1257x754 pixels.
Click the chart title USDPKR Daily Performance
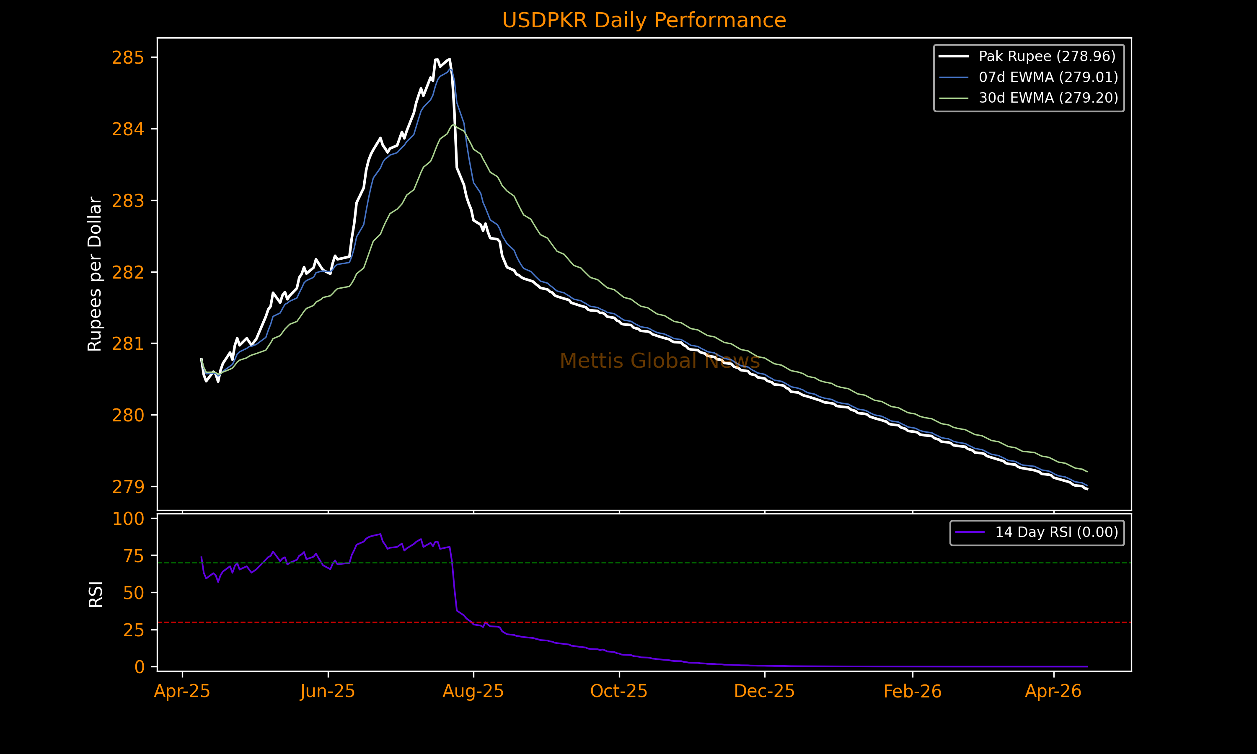click(x=644, y=21)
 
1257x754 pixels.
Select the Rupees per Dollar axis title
click(x=95, y=274)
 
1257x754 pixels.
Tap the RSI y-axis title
click(x=96, y=594)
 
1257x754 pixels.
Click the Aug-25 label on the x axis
click(x=473, y=691)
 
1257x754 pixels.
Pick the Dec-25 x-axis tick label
click(x=764, y=691)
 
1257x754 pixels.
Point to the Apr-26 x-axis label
click(x=1053, y=691)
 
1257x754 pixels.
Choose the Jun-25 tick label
click(x=328, y=691)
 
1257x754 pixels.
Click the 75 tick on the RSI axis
click(x=134, y=556)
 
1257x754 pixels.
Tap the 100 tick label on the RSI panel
click(x=128, y=519)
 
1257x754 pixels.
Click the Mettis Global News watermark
click(x=660, y=361)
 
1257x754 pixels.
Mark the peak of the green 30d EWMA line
click(x=453, y=125)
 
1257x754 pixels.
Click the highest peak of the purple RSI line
click(x=380, y=534)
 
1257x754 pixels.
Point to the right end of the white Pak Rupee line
click(x=1087, y=489)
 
